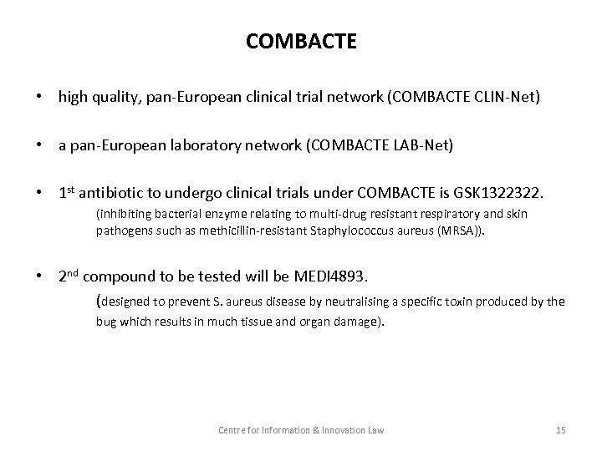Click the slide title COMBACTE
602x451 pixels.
coord(301,41)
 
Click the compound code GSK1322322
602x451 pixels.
coord(497,195)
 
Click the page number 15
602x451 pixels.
coord(560,429)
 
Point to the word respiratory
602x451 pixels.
coord(444,213)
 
